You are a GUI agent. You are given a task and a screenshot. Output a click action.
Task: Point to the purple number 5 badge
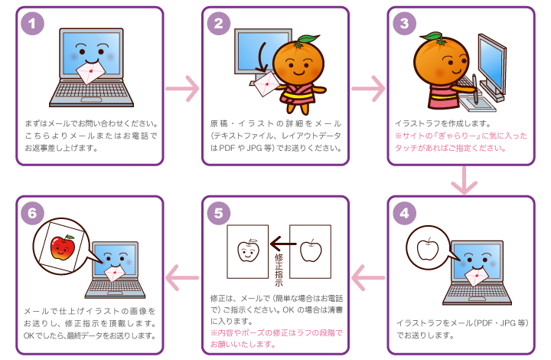[x=218, y=212]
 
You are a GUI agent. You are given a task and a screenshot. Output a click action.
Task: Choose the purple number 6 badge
[x=31, y=212]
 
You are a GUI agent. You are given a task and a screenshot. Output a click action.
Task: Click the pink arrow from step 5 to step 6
[x=183, y=277]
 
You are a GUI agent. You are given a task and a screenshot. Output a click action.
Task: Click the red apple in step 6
[x=60, y=247]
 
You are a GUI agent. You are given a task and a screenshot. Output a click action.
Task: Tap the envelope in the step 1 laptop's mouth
[x=91, y=71]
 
